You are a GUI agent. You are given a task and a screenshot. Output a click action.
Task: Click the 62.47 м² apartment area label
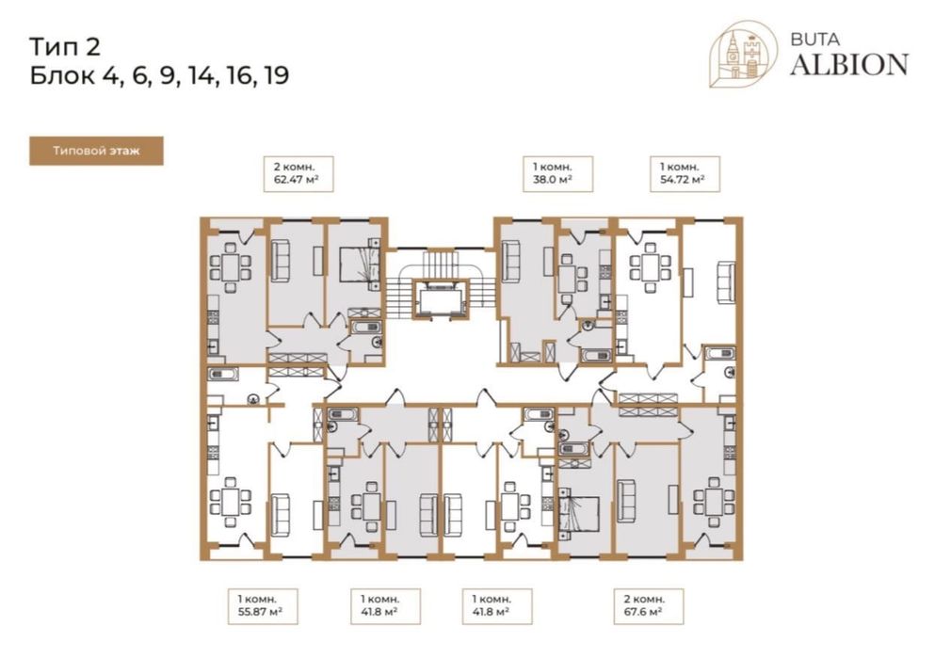298,173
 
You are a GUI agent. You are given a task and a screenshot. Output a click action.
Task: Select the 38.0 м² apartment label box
558,173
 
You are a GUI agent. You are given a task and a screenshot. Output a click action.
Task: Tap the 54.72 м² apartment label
685,173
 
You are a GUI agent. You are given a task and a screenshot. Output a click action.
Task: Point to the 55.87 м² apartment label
263,606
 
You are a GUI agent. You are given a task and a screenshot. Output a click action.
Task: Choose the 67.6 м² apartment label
649,606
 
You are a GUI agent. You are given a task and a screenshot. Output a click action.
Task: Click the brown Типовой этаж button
96,151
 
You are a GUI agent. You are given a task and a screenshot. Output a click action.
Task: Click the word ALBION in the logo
849,64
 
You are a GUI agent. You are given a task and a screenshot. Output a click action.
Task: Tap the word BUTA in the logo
814,40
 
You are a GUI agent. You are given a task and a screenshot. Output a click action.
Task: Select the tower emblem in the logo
743,55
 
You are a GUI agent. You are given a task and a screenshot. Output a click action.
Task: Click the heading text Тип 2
65,46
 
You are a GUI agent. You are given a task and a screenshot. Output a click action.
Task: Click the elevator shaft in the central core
442,298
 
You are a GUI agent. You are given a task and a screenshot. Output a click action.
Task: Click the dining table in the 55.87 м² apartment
230,501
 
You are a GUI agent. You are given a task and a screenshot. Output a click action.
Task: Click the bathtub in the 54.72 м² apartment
719,353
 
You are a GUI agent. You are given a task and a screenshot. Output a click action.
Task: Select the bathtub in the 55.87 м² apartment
223,375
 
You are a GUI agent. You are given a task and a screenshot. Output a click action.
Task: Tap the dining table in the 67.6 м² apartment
713,501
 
